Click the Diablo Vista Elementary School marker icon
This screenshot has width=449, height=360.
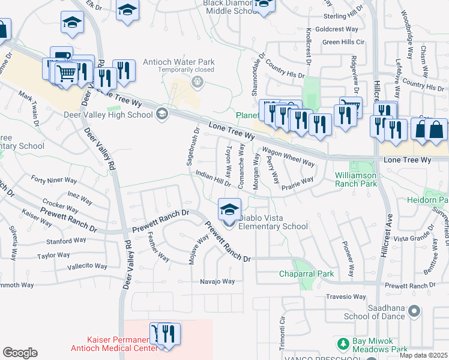tap(229, 210)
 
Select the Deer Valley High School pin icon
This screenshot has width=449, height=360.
tap(161, 113)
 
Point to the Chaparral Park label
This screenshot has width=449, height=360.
tap(306, 274)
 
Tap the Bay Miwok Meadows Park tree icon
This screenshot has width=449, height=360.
tap(343, 344)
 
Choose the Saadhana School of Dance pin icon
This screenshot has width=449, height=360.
tap(413, 311)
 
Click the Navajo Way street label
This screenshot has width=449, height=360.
tap(217, 281)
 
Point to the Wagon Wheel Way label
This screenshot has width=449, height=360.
tap(288, 158)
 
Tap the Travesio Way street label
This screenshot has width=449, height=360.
tap(346, 297)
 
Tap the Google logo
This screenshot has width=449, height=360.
tap(20, 353)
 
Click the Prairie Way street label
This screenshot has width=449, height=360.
tap(298, 181)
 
